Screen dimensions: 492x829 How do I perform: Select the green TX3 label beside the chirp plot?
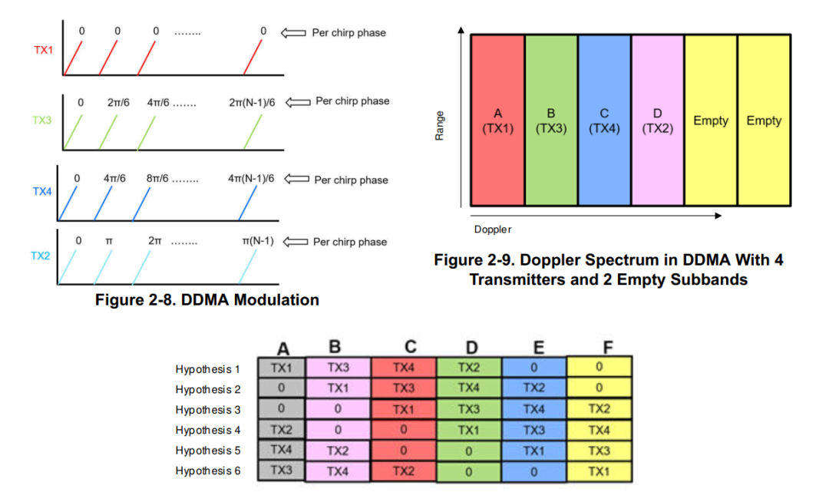tap(44, 121)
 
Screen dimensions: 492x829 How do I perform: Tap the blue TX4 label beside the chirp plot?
tap(42, 191)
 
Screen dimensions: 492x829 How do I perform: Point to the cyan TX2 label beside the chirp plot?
tap(41, 256)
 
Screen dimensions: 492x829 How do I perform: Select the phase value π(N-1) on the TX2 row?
tap(257, 241)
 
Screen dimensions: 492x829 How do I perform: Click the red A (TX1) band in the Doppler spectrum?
tap(498, 121)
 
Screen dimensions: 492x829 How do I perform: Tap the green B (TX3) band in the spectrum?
tap(551, 121)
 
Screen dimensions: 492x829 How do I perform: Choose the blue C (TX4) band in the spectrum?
tap(604, 121)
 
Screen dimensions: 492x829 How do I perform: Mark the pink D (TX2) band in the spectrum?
tap(657, 121)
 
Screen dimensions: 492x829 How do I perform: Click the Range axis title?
tap(439, 124)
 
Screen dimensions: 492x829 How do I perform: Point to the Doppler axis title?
tap(493, 229)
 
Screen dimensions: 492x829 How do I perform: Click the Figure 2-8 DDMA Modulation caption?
tap(206, 300)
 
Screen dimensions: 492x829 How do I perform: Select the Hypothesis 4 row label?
tap(208, 430)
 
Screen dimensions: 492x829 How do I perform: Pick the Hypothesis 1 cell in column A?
tap(282, 368)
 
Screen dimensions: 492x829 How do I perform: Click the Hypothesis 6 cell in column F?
tap(599, 471)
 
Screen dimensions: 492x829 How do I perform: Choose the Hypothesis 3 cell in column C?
tap(404, 409)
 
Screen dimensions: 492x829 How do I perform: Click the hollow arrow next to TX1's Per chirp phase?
tap(295, 33)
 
